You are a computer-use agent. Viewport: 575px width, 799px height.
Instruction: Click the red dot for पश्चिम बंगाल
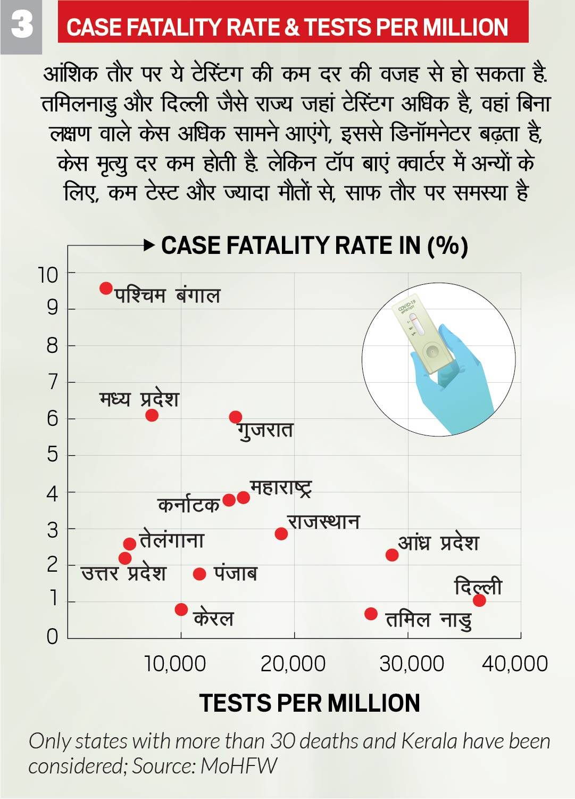coord(106,288)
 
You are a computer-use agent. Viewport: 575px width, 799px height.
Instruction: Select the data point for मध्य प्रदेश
coord(152,415)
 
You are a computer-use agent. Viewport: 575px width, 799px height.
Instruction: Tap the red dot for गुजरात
coord(236,417)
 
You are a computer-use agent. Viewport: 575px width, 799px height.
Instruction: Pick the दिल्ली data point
coord(479,600)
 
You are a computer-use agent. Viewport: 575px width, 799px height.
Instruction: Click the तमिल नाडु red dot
coord(371,614)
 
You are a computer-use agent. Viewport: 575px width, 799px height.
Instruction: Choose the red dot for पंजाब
coord(199,574)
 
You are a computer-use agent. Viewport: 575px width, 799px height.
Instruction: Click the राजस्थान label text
coord(323,522)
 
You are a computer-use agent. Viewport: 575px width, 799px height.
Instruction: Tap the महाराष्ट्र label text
coord(280,488)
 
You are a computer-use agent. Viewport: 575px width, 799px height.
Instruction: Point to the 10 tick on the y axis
coord(48,275)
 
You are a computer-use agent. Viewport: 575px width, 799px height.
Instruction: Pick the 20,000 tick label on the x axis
coord(293,664)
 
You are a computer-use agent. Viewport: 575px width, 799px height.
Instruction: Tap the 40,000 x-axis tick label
coord(515,664)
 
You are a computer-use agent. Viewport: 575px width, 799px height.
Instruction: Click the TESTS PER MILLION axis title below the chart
coord(310,703)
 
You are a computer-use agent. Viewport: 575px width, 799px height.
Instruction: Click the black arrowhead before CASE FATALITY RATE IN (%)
coord(149,245)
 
